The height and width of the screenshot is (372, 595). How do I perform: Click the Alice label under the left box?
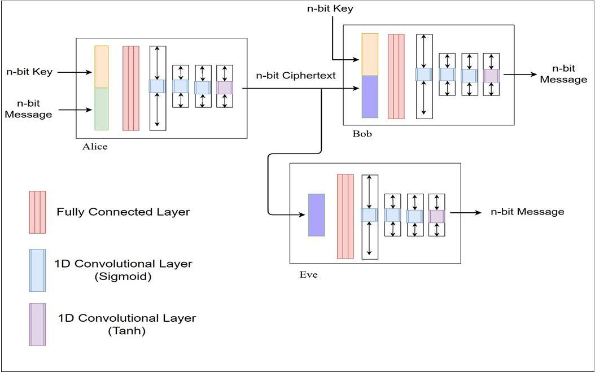[95, 147]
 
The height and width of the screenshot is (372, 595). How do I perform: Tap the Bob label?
[362, 134]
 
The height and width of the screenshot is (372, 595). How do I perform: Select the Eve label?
[309, 275]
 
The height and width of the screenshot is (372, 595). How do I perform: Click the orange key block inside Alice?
[102, 67]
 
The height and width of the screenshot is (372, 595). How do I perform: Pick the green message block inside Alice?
[102, 109]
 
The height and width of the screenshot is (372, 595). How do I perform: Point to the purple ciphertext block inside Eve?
[317, 215]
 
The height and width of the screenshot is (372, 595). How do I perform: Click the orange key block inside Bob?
[370, 54]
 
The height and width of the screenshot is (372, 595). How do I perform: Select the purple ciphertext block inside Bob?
[370, 97]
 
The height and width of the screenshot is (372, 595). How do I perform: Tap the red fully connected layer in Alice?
[131, 88]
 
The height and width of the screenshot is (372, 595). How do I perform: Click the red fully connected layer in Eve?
[345, 216]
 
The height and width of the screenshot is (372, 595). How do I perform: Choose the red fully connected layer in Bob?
[396, 76]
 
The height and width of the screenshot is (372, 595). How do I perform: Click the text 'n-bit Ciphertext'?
[296, 76]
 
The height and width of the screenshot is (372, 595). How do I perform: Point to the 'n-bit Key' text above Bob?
[330, 8]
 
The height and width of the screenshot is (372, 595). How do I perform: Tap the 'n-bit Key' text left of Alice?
[29, 72]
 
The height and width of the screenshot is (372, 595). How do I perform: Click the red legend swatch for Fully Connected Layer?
[37, 212]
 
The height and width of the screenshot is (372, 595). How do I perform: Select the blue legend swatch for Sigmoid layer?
[37, 270]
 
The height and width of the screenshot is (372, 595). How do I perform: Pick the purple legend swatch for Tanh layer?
[37, 324]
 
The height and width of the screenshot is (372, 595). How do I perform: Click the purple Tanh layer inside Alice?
[225, 87]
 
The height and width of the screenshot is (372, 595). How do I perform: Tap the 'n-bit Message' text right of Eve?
[527, 212]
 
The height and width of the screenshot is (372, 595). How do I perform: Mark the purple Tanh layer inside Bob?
[491, 76]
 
